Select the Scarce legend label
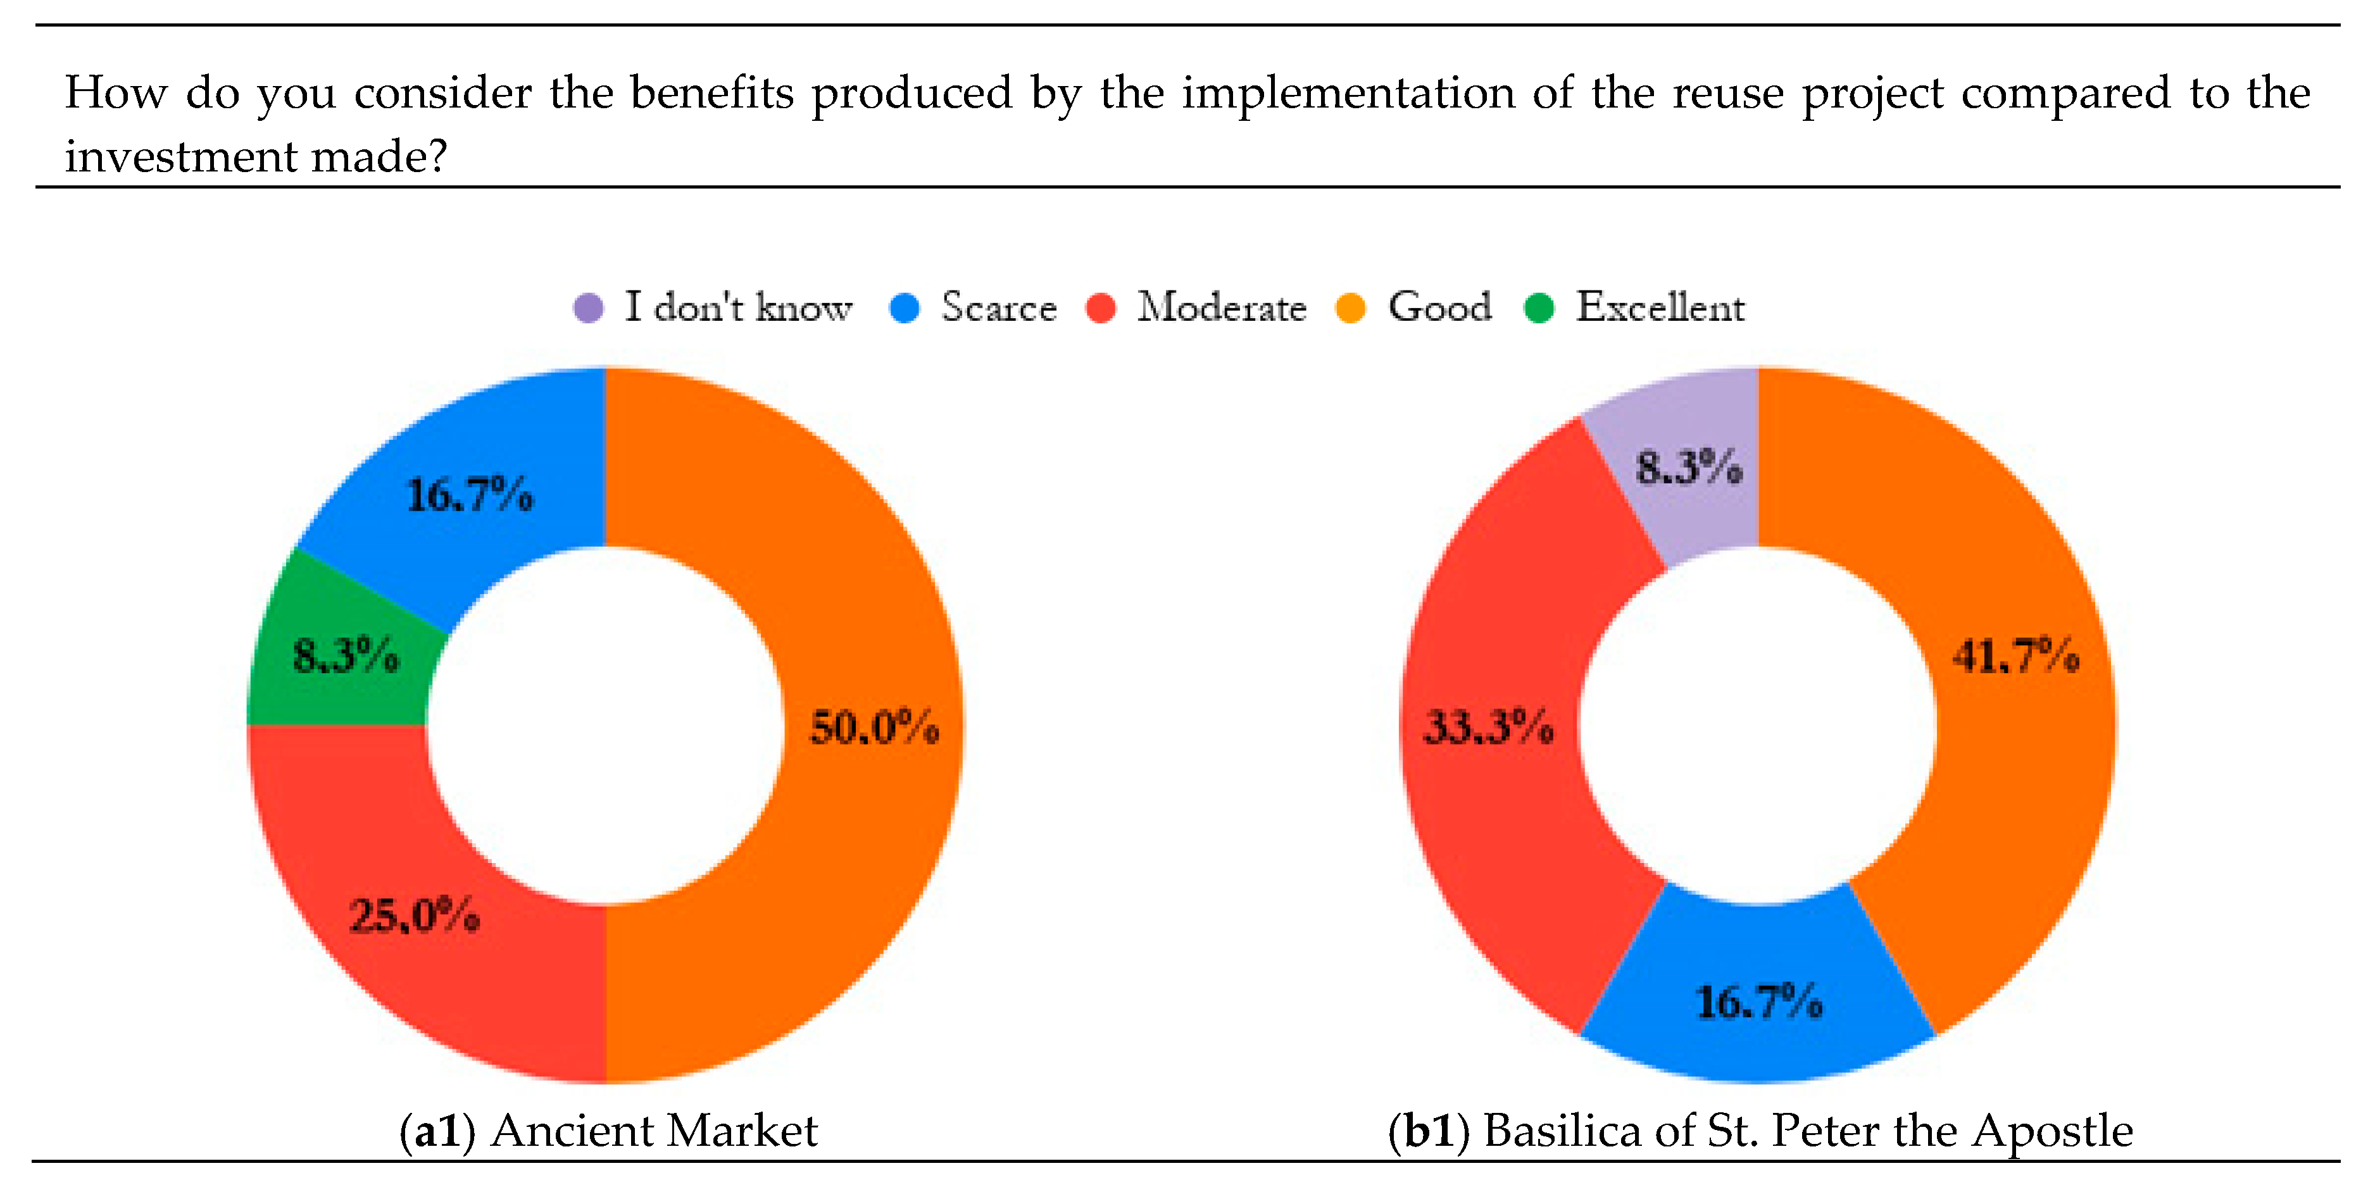click(998, 307)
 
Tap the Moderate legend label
click(1221, 307)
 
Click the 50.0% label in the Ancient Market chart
click(874, 727)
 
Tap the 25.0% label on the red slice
click(414, 916)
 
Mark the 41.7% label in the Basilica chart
click(2015, 656)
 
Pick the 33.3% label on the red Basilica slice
click(1488, 727)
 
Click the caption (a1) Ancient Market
click(608, 1131)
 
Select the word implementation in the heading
click(1347, 94)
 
